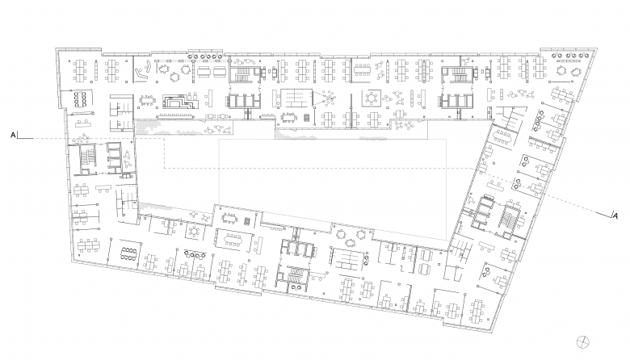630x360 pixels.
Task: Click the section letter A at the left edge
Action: point(13,136)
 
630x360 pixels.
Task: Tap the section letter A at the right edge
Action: point(615,216)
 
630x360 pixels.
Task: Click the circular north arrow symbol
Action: point(582,342)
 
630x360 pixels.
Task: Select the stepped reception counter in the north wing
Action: point(180,101)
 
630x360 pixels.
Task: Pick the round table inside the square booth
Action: point(372,98)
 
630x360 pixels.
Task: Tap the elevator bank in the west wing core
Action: point(114,156)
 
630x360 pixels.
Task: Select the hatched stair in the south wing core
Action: point(297,275)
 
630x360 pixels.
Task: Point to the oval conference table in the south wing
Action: point(233,239)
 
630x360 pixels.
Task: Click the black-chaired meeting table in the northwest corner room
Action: point(80,98)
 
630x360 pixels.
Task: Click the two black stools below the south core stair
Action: point(297,287)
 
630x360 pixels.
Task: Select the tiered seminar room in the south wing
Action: point(344,258)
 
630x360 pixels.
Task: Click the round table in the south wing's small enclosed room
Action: point(195,231)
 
